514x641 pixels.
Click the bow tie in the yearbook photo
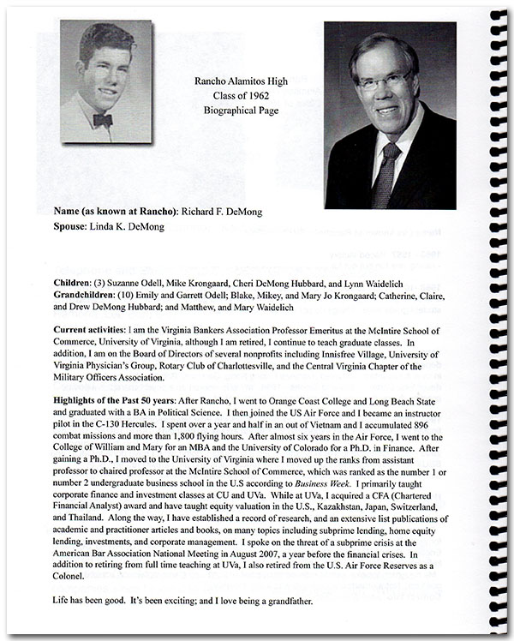[102, 120]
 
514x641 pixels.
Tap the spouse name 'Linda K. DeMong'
[124, 226]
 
